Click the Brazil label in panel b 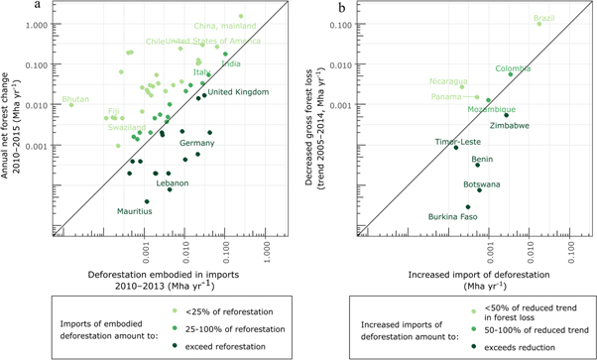click(x=544, y=18)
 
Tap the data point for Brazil click(x=539, y=25)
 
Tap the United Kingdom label click(x=238, y=92)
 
